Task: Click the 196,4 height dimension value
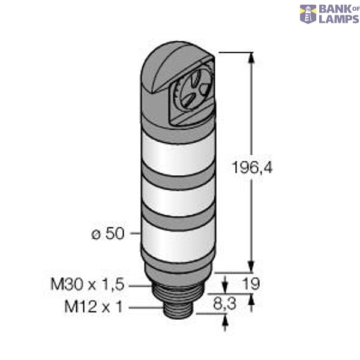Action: pyautogui.click(x=252, y=169)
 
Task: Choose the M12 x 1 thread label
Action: pyautogui.click(x=93, y=307)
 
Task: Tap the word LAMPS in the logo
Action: pyautogui.click(x=337, y=19)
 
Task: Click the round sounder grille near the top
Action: pyautogui.click(x=190, y=94)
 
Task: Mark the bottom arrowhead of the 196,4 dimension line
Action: pyautogui.click(x=251, y=269)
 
